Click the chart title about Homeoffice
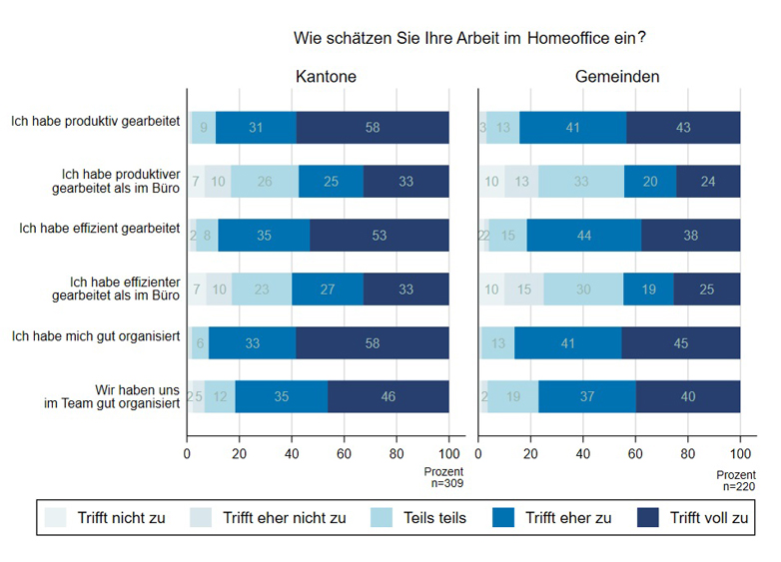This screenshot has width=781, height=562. pyautogui.click(x=469, y=38)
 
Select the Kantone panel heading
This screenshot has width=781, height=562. pyautogui.click(x=326, y=77)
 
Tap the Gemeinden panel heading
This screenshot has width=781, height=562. pyautogui.click(x=616, y=77)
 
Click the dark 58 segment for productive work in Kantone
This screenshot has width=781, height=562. pyautogui.click(x=373, y=128)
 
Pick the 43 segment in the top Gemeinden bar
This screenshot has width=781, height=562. pyautogui.click(x=683, y=128)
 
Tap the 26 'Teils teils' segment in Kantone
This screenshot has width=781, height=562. pyautogui.click(x=265, y=182)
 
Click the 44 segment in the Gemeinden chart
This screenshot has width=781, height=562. pyautogui.click(x=583, y=236)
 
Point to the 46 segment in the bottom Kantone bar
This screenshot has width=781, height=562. pyautogui.click(x=389, y=396)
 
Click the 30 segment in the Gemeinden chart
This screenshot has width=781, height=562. pyautogui.click(x=583, y=289)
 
